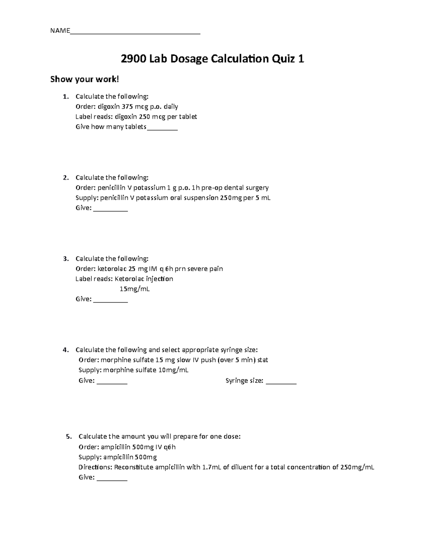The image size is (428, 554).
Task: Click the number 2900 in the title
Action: pyautogui.click(x=133, y=59)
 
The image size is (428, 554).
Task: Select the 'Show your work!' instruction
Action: pyautogui.click(x=84, y=79)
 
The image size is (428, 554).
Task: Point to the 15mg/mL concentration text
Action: pyautogui.click(x=134, y=289)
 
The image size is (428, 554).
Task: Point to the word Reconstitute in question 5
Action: pyautogui.click(x=133, y=467)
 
